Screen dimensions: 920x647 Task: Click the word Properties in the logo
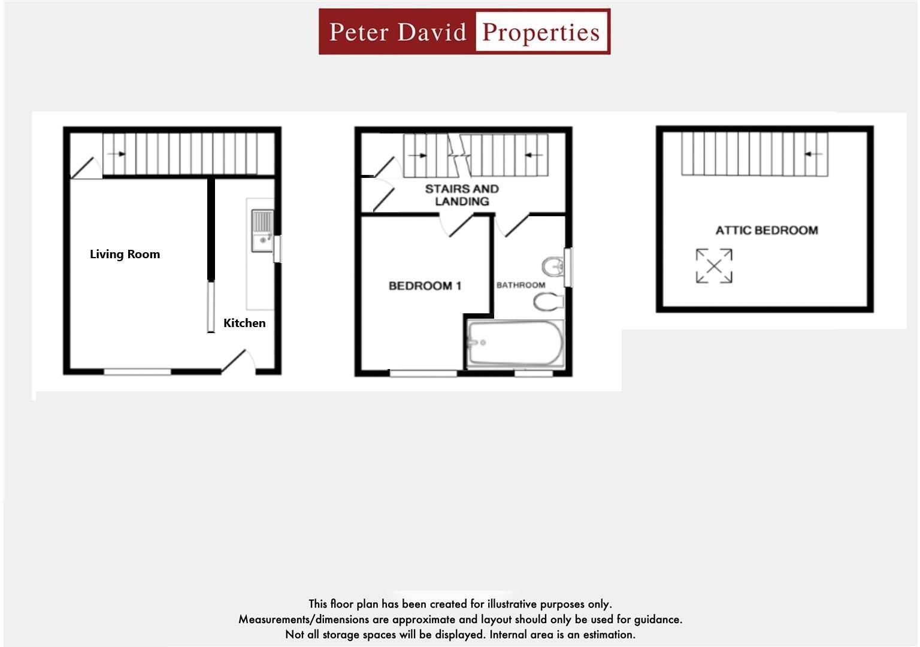540,32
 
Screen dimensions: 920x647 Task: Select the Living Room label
125,254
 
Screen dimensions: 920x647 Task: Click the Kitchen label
244,323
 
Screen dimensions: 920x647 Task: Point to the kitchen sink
262,231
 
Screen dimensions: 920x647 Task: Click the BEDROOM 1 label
425,286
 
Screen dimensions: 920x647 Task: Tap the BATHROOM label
520,285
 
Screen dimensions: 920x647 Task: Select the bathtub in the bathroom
516,344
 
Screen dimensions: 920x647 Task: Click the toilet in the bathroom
549,302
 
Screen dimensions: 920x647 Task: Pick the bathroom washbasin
553,267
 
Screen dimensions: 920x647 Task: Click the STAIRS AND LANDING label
462,195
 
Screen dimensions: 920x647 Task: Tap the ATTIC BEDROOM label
767,231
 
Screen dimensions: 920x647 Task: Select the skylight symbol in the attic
714,266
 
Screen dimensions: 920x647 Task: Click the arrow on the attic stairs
813,154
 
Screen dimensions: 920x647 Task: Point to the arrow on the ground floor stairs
117,154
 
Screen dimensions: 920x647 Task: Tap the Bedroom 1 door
457,225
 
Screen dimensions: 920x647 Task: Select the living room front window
137,372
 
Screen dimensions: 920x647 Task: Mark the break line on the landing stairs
460,155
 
